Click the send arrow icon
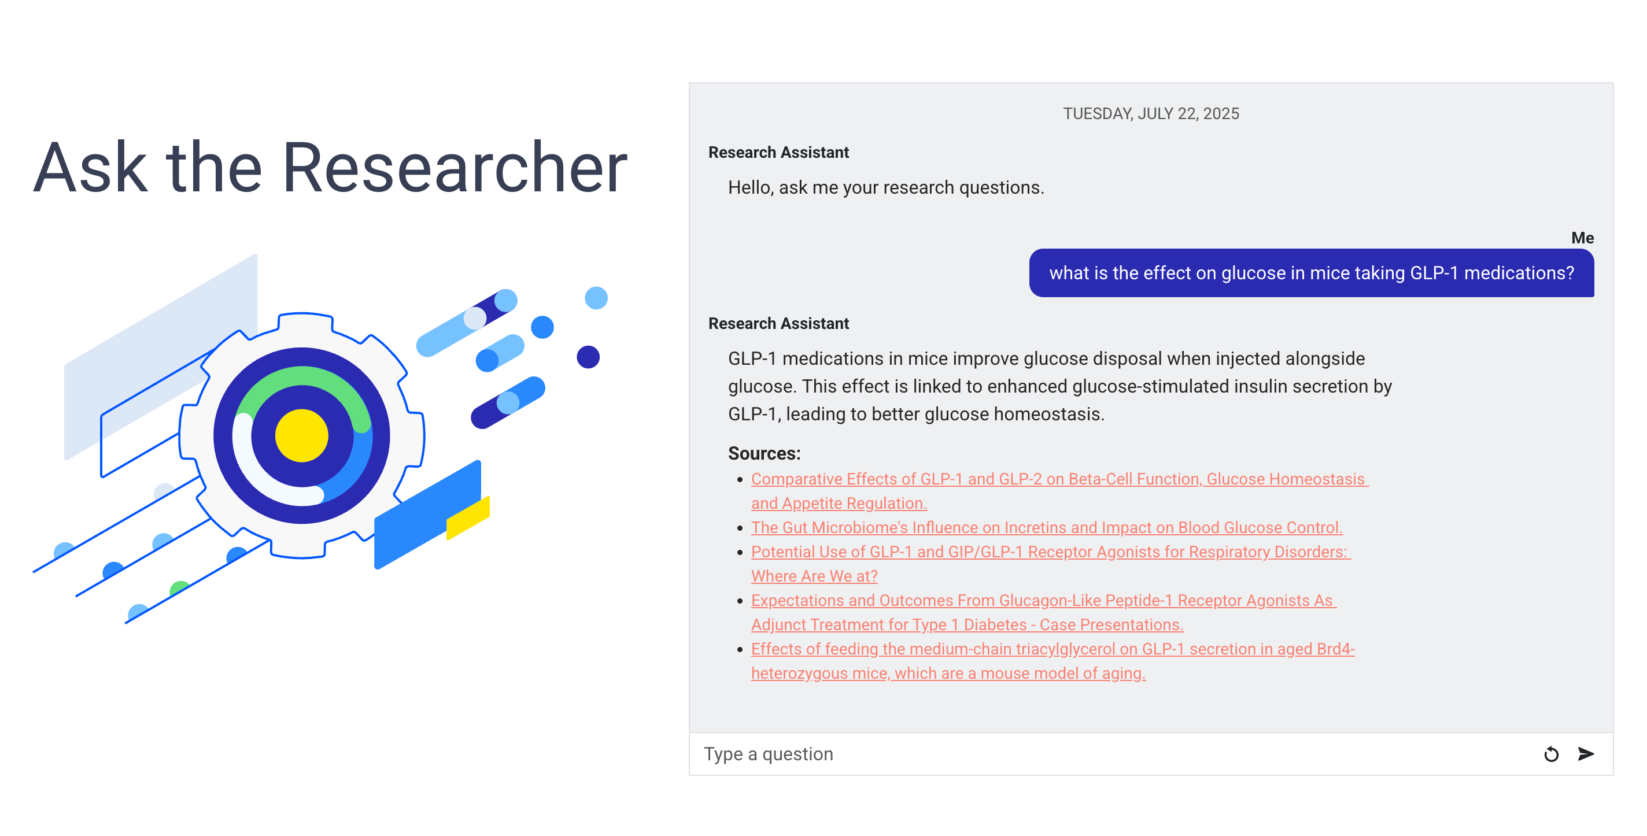click(1586, 754)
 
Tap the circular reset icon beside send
click(1551, 754)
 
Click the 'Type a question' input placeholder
click(769, 754)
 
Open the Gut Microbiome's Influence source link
click(1046, 527)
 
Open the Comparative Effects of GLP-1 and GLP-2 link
click(1058, 479)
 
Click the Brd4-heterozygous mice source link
click(1052, 649)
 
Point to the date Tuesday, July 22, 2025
click(1150, 114)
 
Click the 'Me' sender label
click(1582, 238)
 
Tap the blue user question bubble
click(1310, 273)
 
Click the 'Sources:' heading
click(764, 453)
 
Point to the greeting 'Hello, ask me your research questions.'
click(885, 187)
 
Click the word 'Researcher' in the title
click(454, 168)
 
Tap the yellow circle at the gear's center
click(301, 435)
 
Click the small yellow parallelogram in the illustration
click(468, 517)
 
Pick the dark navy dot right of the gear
click(588, 357)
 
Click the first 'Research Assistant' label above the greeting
click(778, 152)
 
